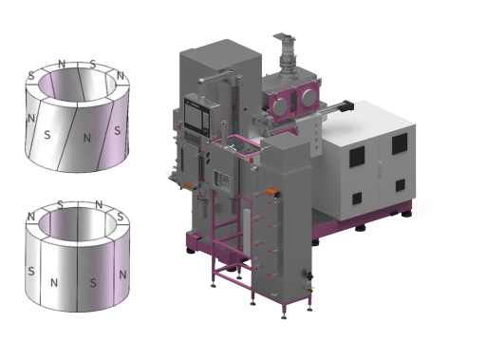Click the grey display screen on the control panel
click(x=194, y=116)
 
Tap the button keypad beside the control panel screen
click(x=205, y=123)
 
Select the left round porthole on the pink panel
click(x=280, y=105)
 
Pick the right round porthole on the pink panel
click(x=309, y=97)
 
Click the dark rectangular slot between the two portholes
click(x=293, y=102)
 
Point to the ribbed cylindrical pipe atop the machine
click(x=288, y=57)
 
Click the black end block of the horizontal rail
click(x=346, y=105)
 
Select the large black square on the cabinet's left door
click(x=357, y=157)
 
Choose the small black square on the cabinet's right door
click(x=400, y=185)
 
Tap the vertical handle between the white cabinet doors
click(x=380, y=167)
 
